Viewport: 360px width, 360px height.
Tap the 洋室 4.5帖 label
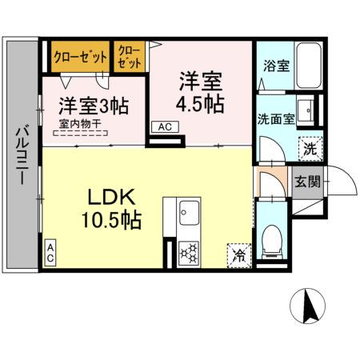coord(201,93)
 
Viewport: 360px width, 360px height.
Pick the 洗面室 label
coord(274,118)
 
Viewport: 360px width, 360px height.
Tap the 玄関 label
coord(307,182)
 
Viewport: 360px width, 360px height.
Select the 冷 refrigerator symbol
coord(238,256)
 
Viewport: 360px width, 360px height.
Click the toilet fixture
coord(271,237)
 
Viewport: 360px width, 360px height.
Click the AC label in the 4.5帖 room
coord(164,126)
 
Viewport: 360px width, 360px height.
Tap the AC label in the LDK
coord(50,255)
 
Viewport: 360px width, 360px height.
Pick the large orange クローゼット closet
coord(80,57)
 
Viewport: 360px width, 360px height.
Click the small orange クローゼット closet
coord(129,57)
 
